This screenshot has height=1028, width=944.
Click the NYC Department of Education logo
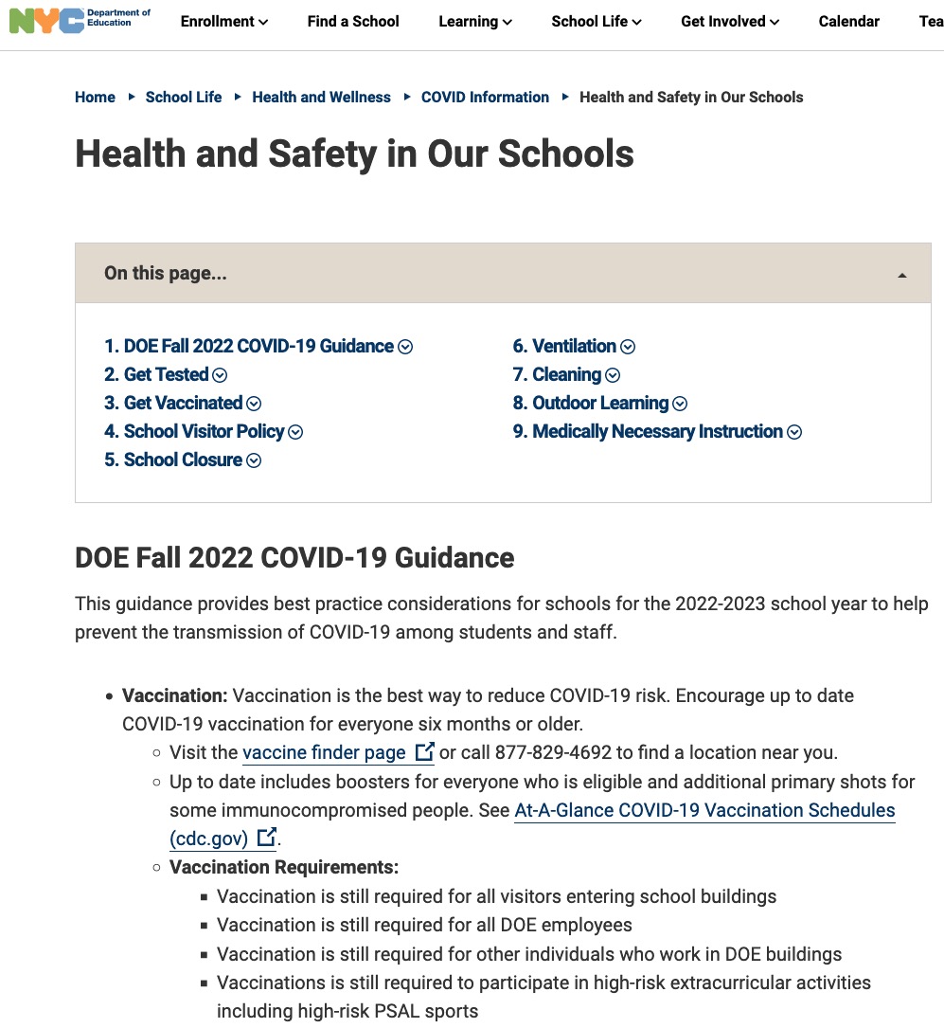79,21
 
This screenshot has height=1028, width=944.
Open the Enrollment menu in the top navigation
223,21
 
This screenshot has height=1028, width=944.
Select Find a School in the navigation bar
353,21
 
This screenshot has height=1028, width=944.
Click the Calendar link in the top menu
848,21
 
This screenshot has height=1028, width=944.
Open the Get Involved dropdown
730,21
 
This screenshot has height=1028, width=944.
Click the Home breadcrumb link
95,97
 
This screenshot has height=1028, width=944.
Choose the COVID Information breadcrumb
485,97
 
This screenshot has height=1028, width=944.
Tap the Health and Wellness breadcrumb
321,97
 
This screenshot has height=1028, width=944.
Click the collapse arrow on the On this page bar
901,275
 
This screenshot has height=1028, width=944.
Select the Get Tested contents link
166,374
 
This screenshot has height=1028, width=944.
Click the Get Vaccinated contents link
183,403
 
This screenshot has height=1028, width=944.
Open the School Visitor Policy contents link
204,431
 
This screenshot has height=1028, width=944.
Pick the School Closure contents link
183,460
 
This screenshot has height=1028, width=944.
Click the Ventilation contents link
574,346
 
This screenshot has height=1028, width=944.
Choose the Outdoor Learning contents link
600,403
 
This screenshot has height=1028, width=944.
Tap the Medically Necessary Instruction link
657,431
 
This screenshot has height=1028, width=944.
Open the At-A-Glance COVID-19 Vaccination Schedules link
704,810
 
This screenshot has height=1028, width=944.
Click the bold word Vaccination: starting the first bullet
175,695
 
